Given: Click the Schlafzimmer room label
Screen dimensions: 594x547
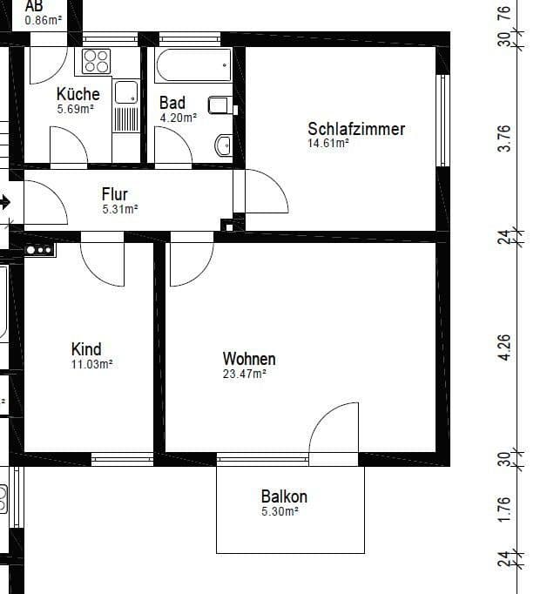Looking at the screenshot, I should pyautogui.click(x=355, y=129).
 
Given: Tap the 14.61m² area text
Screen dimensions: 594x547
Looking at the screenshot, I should pyautogui.click(x=328, y=144).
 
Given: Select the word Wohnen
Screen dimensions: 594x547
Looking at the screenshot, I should pyautogui.click(x=249, y=359).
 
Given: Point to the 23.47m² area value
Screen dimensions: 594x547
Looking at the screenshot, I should pyautogui.click(x=244, y=374).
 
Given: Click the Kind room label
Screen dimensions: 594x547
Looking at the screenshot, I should pyautogui.click(x=86, y=349).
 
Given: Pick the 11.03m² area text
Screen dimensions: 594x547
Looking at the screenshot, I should pyautogui.click(x=91, y=364).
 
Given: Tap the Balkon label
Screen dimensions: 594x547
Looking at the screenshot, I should pyautogui.click(x=284, y=497).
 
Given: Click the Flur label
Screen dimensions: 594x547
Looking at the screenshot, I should pyautogui.click(x=115, y=194).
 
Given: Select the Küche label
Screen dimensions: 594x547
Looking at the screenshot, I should pyautogui.click(x=78, y=94).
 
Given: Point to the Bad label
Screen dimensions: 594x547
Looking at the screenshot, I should pyautogui.click(x=172, y=103).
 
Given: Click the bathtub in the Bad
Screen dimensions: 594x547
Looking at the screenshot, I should pyautogui.click(x=193, y=64).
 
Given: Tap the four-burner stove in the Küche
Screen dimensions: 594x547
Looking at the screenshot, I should pyautogui.click(x=97, y=61).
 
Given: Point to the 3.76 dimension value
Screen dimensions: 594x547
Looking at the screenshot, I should pyautogui.click(x=503, y=138).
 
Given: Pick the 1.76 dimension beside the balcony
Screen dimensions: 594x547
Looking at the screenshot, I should pyautogui.click(x=503, y=511).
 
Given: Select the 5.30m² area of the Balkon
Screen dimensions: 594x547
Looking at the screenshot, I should pyautogui.click(x=280, y=512).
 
